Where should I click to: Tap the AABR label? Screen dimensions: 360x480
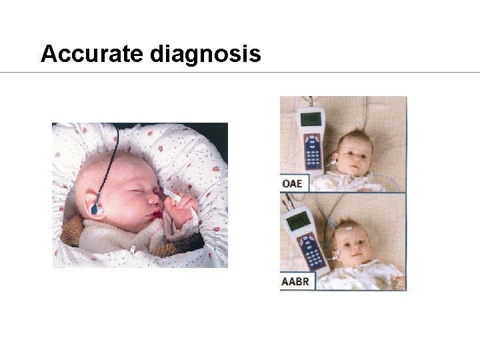(295, 281)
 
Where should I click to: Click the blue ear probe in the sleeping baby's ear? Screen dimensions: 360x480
(97, 211)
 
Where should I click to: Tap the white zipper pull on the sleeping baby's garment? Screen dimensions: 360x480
(133, 251)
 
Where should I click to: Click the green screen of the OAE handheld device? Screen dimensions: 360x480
(311, 119)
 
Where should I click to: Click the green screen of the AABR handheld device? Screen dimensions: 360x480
(295, 220)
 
